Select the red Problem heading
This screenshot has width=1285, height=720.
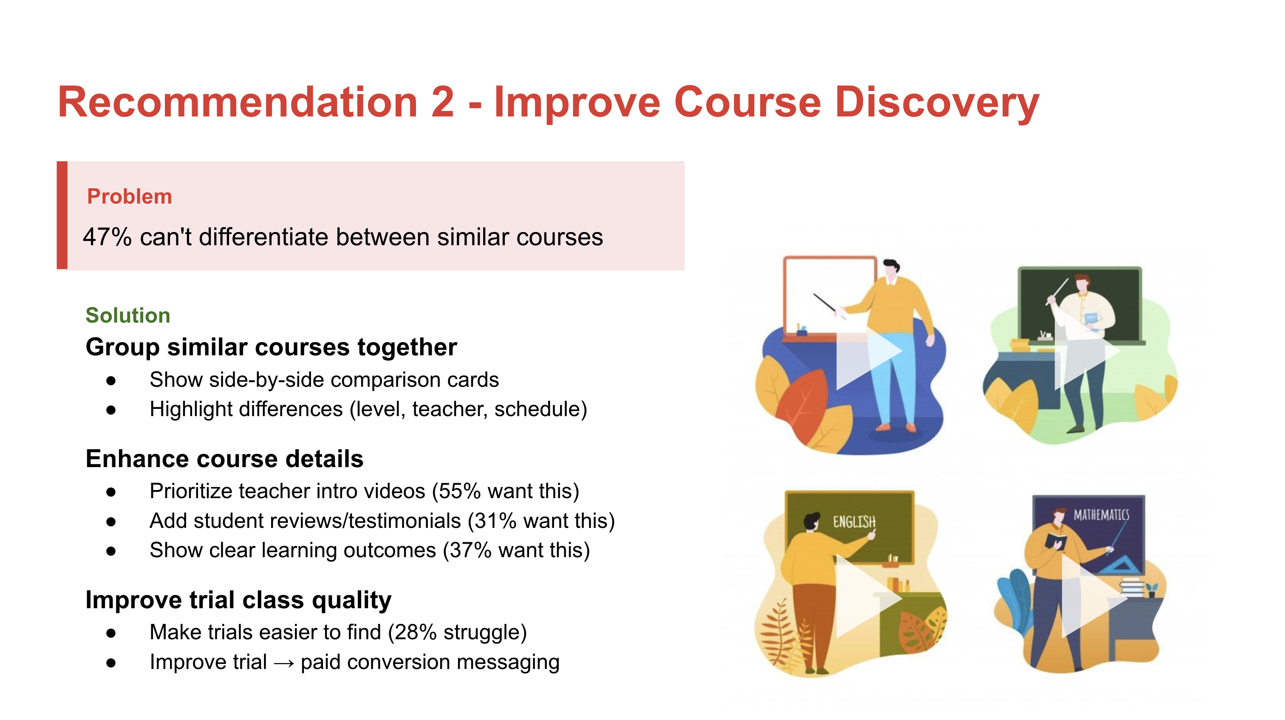[x=129, y=197]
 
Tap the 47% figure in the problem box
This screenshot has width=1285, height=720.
[x=107, y=237]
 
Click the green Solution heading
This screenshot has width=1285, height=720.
[x=128, y=315]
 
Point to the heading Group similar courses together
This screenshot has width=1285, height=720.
[x=271, y=347]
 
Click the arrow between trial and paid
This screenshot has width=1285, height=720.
[x=284, y=663]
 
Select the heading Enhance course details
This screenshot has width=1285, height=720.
[x=224, y=459]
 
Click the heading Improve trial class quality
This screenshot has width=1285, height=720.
[x=238, y=600]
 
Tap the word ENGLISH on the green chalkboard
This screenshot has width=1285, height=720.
[x=854, y=522]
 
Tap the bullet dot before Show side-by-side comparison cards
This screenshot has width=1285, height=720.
[x=111, y=381]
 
